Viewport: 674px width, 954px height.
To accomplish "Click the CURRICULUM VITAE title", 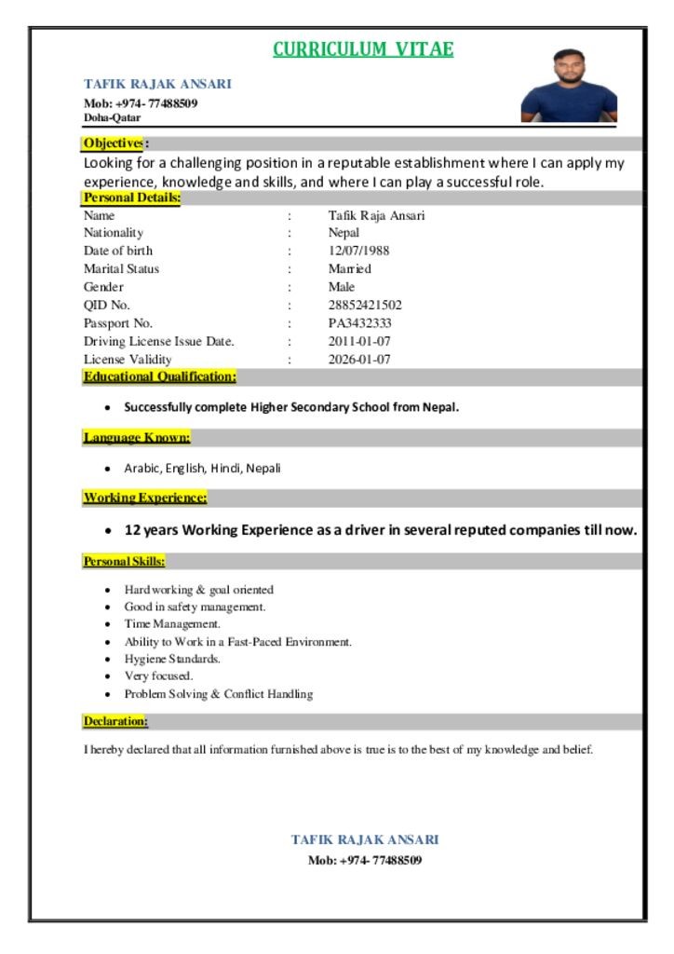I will click(x=363, y=49).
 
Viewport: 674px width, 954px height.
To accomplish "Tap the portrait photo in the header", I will click(x=569, y=86).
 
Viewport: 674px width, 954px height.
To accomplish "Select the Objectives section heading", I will click(x=114, y=143).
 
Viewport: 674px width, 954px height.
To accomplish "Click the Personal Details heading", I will click(x=131, y=198).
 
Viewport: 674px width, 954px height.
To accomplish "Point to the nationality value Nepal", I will click(x=344, y=233).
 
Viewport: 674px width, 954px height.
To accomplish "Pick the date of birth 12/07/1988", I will click(x=358, y=251).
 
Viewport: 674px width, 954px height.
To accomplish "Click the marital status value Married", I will click(x=349, y=269).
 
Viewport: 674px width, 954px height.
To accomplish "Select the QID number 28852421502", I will click(x=365, y=305).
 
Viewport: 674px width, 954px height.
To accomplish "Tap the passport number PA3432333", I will click(x=359, y=323).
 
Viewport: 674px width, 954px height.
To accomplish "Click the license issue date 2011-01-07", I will click(x=359, y=341).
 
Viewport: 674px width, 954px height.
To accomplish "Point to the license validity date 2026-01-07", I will click(x=359, y=360).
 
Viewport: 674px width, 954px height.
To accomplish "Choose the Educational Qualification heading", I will click(x=159, y=376).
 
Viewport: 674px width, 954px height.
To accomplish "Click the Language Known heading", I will click(x=137, y=437).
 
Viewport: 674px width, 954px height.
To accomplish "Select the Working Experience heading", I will click(x=145, y=497).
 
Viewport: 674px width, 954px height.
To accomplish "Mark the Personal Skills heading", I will click(x=125, y=562).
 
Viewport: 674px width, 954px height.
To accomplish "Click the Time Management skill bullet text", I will click(x=172, y=624).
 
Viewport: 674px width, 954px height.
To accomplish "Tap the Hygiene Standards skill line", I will click(x=172, y=659).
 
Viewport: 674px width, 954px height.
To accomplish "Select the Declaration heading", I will click(x=115, y=722).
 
